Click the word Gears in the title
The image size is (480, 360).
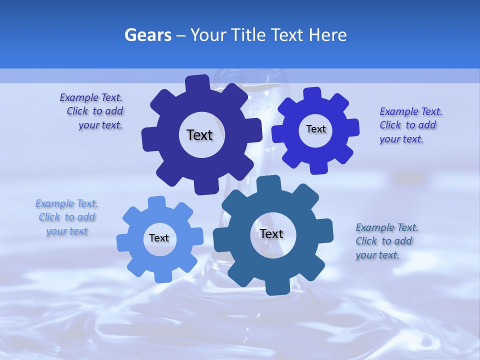tap(147, 35)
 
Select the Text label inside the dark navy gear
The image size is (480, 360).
tap(199, 135)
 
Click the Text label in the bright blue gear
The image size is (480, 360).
tap(315, 129)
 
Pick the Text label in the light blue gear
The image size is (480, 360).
tap(159, 238)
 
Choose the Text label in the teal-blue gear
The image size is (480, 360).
tap(271, 233)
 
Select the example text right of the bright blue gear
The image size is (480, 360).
tap(410, 125)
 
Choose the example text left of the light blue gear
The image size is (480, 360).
tap(67, 217)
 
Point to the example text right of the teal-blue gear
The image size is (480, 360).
tap(386, 241)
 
